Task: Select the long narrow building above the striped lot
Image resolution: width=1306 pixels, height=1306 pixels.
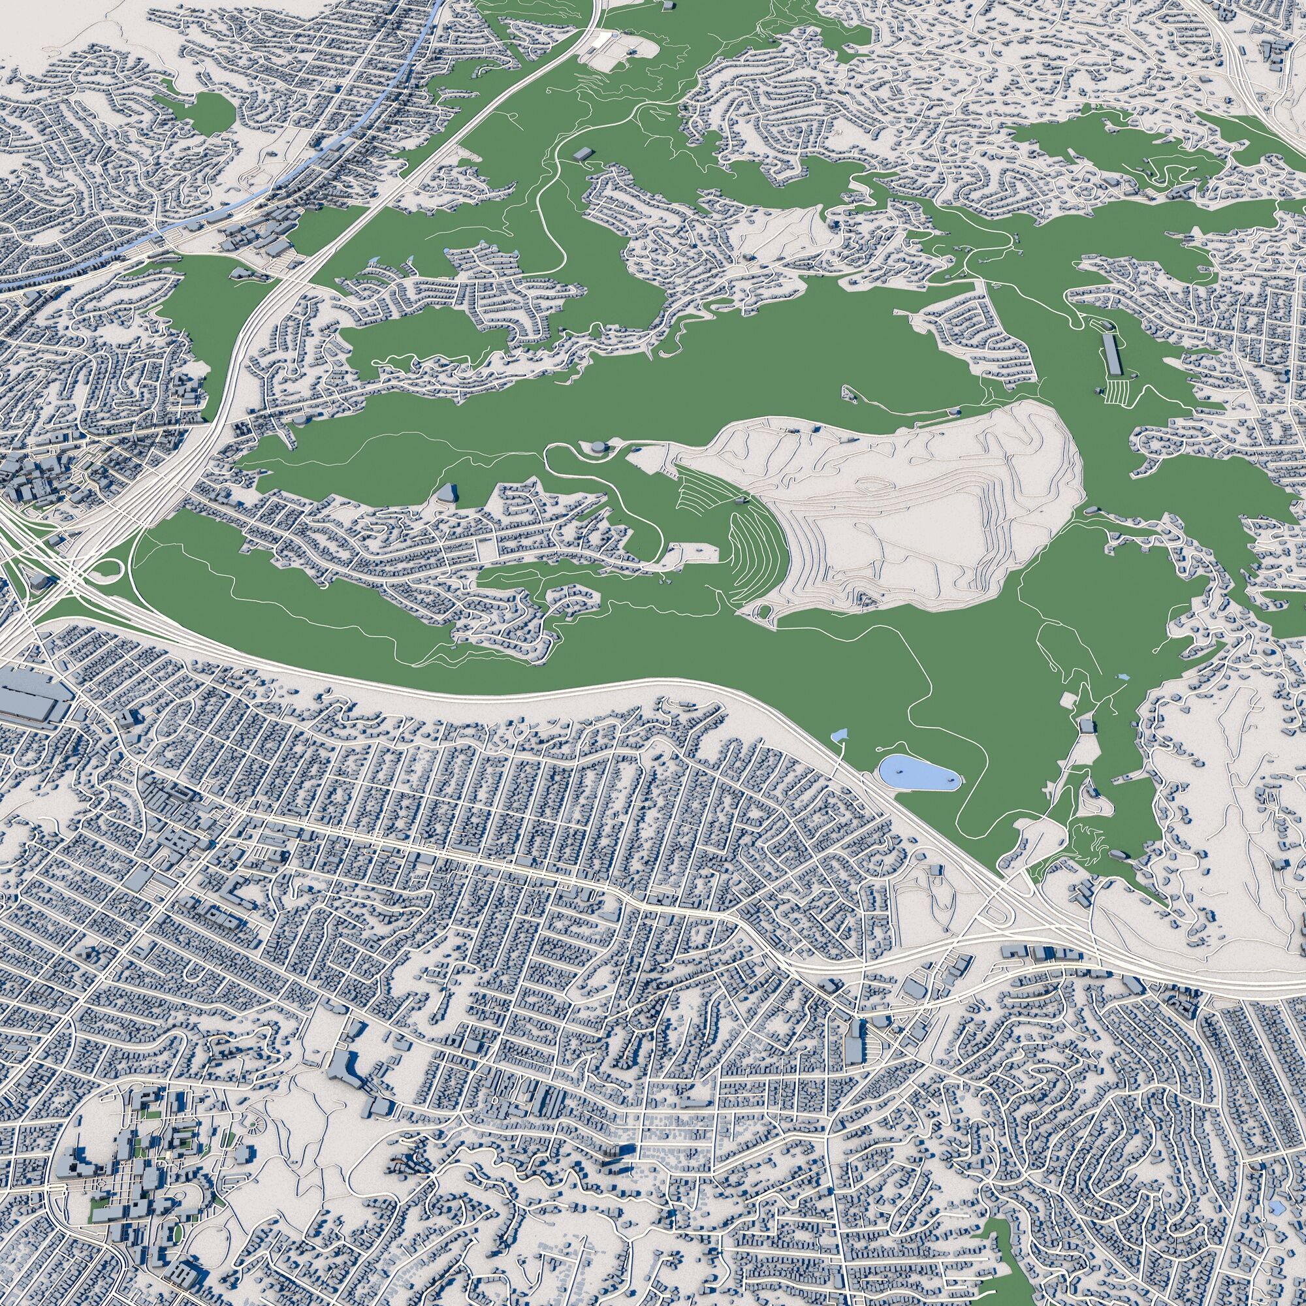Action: tap(1111, 352)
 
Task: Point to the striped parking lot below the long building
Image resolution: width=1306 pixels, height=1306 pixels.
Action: tap(1114, 391)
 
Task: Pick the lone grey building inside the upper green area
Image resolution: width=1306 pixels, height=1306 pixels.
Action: tap(581, 153)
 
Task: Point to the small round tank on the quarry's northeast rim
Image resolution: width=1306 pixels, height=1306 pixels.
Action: tap(955, 411)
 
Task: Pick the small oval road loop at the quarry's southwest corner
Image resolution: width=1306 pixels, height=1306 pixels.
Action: tap(766, 612)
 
